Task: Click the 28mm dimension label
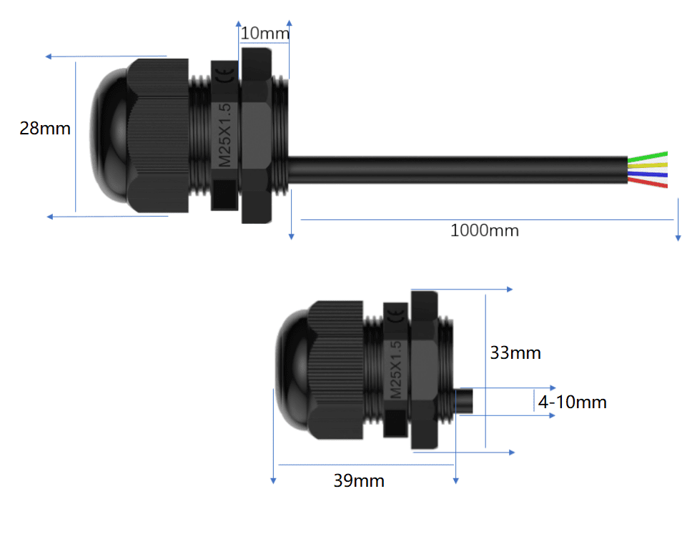(45, 129)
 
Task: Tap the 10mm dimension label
(265, 33)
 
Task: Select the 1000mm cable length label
(484, 230)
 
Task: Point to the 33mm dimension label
(515, 352)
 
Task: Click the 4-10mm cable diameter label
(572, 402)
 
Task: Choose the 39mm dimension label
(359, 481)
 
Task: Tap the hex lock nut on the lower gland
(427, 370)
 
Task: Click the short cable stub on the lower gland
(465, 402)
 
